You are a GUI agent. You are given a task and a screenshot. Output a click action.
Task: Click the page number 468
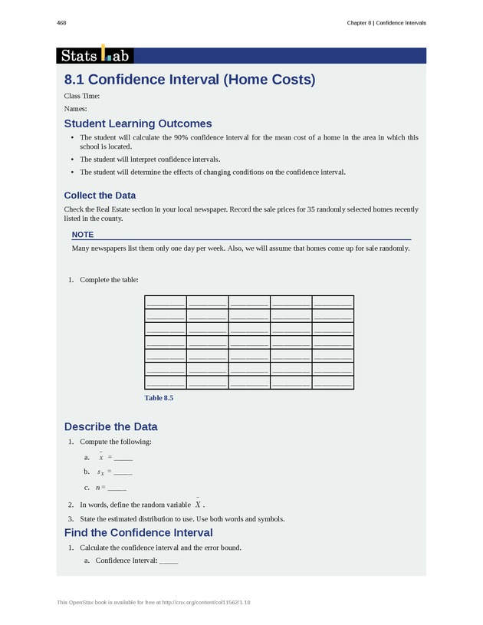click(x=61, y=23)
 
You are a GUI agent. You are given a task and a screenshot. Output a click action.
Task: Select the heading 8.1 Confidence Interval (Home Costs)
click(x=189, y=80)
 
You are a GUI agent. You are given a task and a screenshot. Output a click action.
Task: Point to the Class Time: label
click(x=81, y=96)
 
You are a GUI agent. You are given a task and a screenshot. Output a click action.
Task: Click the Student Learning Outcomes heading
click(x=138, y=123)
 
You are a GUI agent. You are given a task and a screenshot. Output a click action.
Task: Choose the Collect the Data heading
click(x=100, y=196)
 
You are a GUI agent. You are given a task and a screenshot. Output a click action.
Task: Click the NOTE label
click(x=83, y=234)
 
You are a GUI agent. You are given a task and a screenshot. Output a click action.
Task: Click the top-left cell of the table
click(x=165, y=301)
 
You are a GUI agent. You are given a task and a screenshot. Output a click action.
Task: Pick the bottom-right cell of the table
click(x=333, y=382)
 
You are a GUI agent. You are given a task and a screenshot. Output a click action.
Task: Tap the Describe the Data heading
click(x=110, y=426)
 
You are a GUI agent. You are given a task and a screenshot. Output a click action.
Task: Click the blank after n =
click(x=117, y=488)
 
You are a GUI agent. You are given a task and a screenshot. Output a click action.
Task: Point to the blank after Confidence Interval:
click(x=169, y=561)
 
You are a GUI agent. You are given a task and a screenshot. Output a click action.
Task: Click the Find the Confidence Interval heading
click(x=138, y=532)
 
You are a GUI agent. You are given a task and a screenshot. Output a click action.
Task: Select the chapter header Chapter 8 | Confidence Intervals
click(x=386, y=23)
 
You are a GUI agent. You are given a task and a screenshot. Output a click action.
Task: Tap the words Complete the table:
click(x=109, y=280)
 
